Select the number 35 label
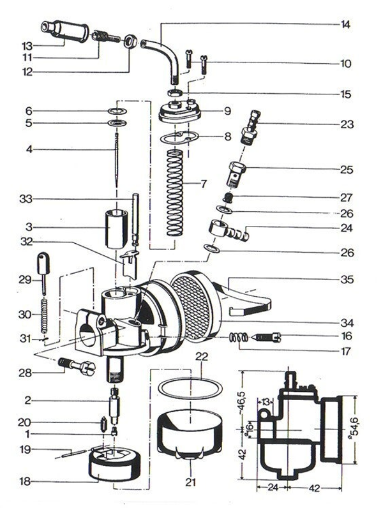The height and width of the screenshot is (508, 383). click(346, 280)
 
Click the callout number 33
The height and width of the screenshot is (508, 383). click(26, 198)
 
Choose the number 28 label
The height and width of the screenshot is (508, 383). click(26, 372)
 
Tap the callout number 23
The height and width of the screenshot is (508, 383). click(345, 125)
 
